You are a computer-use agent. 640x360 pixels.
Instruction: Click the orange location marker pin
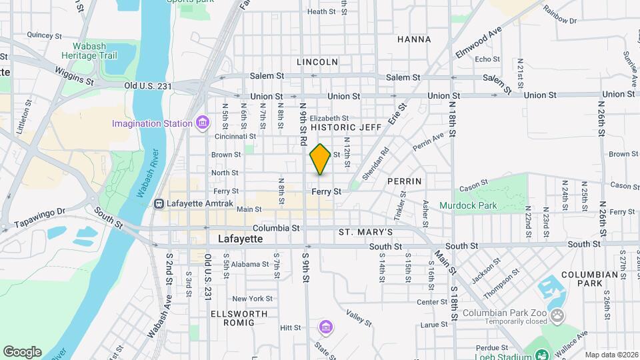coord(320,159)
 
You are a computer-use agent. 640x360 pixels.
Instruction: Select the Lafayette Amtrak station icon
coord(159,203)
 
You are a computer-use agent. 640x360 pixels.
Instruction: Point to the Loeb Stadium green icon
coord(542,355)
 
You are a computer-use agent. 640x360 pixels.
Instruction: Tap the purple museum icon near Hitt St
coord(325,328)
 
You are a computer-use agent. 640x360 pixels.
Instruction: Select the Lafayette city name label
coord(241,238)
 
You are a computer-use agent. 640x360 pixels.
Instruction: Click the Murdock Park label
coord(467,205)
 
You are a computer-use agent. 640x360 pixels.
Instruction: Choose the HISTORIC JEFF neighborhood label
coord(346,127)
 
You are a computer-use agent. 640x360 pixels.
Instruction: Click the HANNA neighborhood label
coord(414,39)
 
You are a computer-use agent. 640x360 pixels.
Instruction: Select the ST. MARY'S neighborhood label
coord(365,232)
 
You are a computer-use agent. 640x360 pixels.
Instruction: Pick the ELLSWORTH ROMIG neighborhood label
coord(239,318)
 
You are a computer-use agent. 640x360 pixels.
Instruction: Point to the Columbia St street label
coord(277,227)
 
